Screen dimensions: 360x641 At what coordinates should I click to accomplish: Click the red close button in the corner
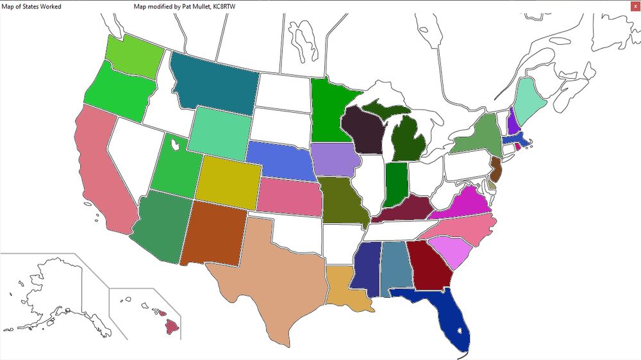(x=634, y=6)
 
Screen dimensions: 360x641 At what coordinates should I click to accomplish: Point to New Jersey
(x=496, y=169)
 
